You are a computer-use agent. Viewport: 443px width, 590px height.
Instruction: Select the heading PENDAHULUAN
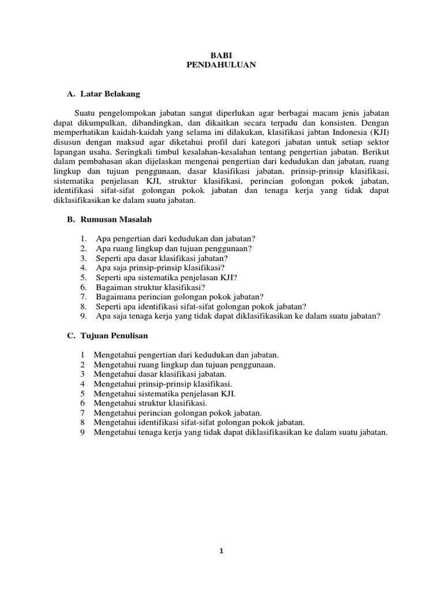(221, 65)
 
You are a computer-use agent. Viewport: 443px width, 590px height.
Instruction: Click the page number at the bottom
(221, 551)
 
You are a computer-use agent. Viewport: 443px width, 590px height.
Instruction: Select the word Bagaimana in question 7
(115, 297)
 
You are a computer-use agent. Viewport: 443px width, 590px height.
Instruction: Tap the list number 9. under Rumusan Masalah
(84, 316)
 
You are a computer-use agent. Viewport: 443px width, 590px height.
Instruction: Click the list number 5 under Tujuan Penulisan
(83, 393)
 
